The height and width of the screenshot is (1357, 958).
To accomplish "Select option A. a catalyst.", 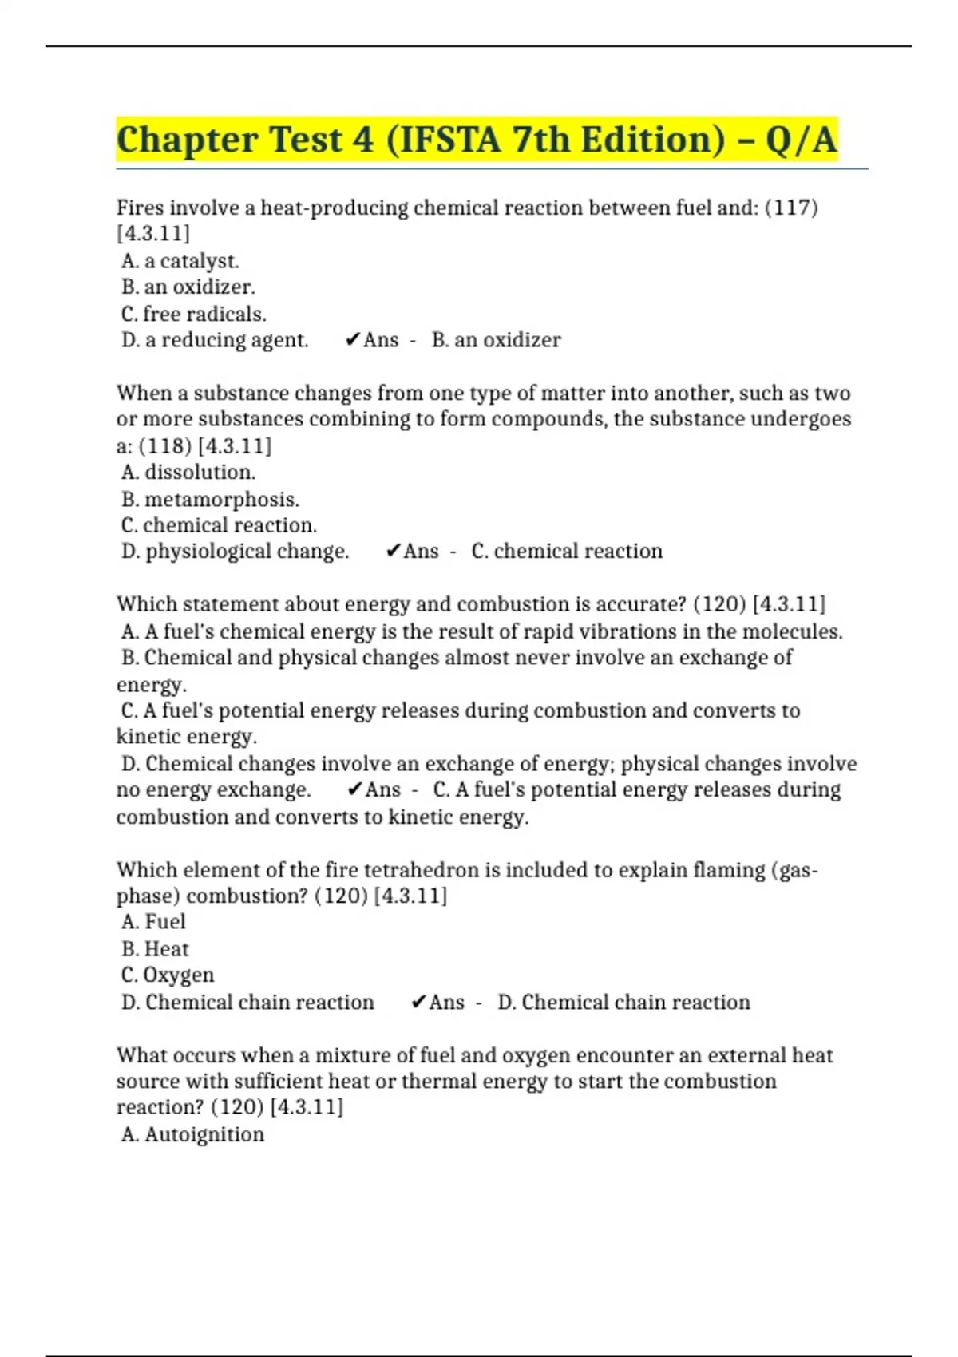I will coord(180,261).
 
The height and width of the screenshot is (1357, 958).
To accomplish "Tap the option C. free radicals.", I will coord(194,314).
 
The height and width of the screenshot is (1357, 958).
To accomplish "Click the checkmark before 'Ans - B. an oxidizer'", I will coord(352,340).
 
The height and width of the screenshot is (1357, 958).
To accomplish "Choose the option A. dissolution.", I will coord(188,472).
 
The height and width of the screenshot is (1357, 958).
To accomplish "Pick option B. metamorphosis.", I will coord(210,499).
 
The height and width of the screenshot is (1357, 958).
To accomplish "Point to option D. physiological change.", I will coord(235,552).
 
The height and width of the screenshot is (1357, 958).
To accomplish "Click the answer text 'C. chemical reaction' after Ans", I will coord(567,552).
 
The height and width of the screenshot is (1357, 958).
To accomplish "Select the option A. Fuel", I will coord(153,922).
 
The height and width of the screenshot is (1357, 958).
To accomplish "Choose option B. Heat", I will coord(155,949).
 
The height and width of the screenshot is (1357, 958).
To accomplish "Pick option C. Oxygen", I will coord(168,975).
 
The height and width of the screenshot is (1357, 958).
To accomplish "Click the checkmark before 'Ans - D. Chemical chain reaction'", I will coord(418,1003).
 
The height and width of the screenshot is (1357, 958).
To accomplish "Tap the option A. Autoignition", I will coord(192,1134).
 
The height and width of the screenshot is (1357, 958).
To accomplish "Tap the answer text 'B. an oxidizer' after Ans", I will coord(496,340).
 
